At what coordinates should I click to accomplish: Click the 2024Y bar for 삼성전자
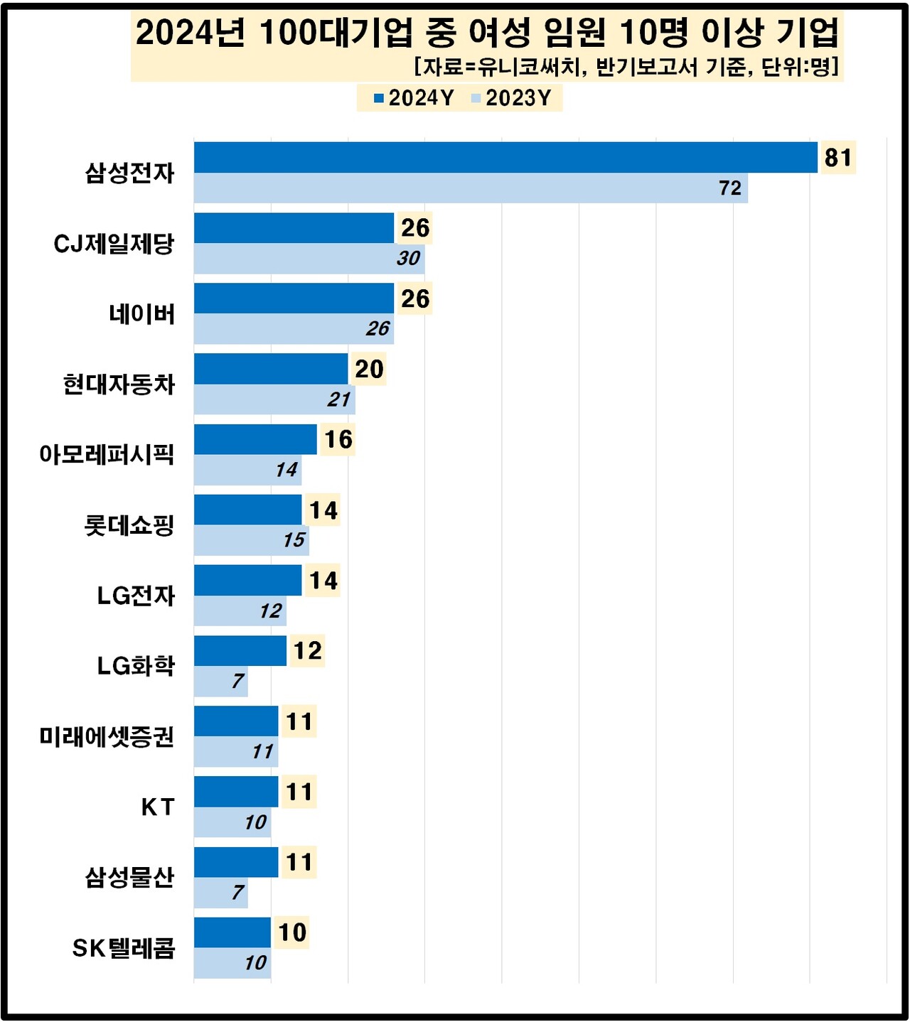[505, 158]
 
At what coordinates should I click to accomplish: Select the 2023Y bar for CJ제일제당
[309, 259]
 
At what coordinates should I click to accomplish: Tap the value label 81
[838, 158]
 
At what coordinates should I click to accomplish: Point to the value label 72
[730, 188]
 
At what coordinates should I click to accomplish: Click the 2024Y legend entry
[414, 98]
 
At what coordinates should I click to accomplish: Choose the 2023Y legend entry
[511, 98]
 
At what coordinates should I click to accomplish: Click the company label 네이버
[142, 313]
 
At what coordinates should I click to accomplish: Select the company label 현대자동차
[119, 384]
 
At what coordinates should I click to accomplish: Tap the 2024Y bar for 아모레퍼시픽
[255, 439]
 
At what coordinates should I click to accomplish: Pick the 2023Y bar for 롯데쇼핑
[251, 540]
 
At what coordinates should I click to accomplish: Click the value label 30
[408, 259]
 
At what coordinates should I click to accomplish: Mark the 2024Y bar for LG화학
[240, 651]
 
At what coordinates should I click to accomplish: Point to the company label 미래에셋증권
[107, 736]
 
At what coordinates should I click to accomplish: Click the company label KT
[158, 807]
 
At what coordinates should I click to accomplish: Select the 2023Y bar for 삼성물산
[220, 893]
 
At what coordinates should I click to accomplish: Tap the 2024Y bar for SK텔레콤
[232, 932]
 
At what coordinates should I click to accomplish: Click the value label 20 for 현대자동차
[369, 370]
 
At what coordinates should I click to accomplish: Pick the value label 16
[338, 440]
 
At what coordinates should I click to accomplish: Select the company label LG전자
[136, 596]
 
